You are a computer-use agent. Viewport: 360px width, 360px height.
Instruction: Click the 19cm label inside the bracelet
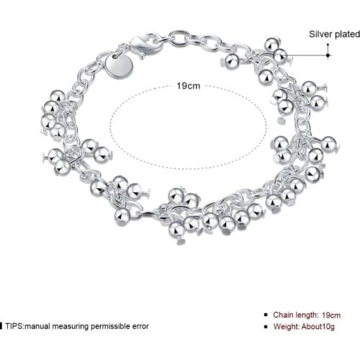[x=188, y=86]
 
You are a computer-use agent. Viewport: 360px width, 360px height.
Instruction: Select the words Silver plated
[x=333, y=33]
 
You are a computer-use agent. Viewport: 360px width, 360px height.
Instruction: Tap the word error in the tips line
[x=140, y=325]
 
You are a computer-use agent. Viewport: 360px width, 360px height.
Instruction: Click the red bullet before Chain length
[x=269, y=315]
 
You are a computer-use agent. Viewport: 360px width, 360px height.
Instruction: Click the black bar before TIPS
[x=1, y=325]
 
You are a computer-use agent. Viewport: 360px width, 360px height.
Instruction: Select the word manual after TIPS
[x=40, y=325]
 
